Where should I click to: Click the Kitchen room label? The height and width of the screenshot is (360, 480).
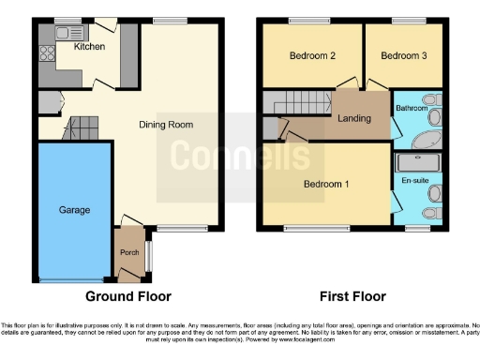pyautogui.click(x=89, y=46)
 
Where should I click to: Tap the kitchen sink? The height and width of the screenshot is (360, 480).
pyautogui.click(x=67, y=34)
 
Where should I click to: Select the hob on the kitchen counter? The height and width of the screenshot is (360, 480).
pyautogui.click(x=44, y=54)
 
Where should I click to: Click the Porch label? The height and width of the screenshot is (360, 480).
pyautogui.click(x=128, y=253)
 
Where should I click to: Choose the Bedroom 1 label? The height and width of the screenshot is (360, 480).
pyautogui.click(x=326, y=184)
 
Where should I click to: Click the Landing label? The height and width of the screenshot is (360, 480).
pyautogui.click(x=354, y=118)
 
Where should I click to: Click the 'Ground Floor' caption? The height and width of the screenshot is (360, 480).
pyautogui.click(x=128, y=296)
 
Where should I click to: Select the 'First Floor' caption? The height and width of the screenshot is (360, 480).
pyautogui.click(x=353, y=296)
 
